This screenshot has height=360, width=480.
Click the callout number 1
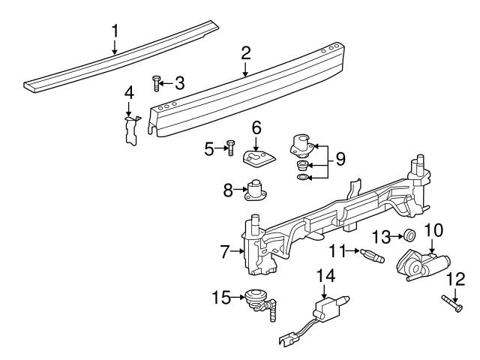[x=115, y=31]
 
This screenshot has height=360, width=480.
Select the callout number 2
[x=245, y=53]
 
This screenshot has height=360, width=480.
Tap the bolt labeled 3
[x=156, y=83]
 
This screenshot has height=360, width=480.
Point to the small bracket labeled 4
[x=132, y=130]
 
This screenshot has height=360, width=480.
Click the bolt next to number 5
[x=230, y=148]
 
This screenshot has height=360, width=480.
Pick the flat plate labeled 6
[x=259, y=158]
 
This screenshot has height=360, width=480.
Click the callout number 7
[x=225, y=252]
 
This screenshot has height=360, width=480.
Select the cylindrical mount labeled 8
[x=256, y=190]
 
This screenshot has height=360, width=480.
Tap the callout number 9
[x=340, y=159]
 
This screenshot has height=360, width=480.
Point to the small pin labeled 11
[x=372, y=256]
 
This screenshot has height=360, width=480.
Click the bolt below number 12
[x=451, y=303]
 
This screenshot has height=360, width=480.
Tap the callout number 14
[x=325, y=277]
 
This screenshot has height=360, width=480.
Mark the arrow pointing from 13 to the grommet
[x=397, y=236]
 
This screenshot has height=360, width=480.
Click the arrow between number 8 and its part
[x=240, y=190]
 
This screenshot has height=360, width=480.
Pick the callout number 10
[x=433, y=230]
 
